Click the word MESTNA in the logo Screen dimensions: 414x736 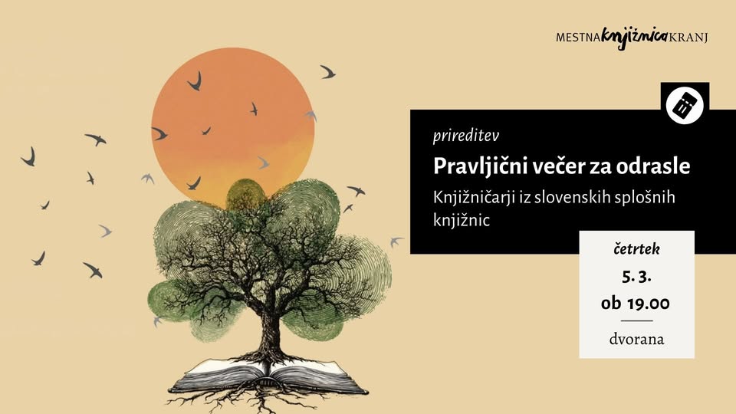click(579, 36)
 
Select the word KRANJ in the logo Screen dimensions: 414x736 click(688, 36)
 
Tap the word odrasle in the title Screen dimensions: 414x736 click(659, 166)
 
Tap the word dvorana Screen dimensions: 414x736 click(636, 339)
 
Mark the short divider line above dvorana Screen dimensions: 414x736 click(636, 320)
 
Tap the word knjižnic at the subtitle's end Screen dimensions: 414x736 click(461, 220)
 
